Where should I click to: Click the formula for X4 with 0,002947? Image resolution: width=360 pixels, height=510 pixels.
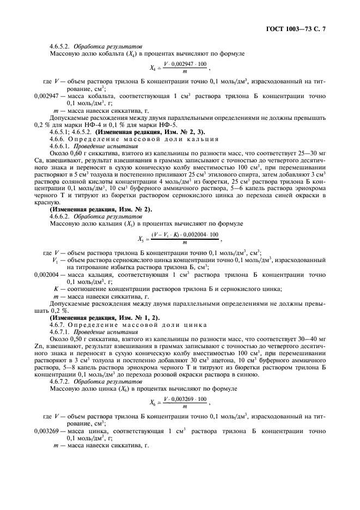tap(179, 68)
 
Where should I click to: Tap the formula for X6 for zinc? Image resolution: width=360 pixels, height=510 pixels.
tap(179, 402)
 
